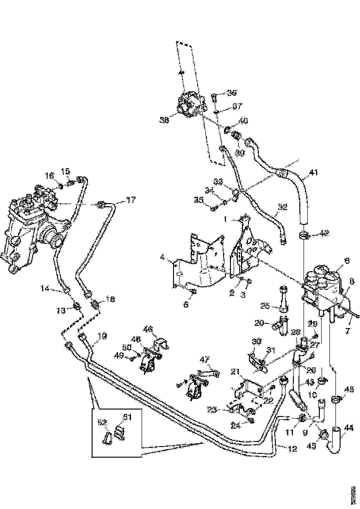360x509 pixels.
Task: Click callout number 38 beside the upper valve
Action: [x=164, y=120]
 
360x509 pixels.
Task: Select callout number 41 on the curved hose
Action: [x=314, y=173]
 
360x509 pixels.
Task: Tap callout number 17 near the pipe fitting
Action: [x=131, y=200]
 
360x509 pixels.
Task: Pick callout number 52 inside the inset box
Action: [x=101, y=422]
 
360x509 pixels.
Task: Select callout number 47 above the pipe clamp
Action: [x=205, y=359]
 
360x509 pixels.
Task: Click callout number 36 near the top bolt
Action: [x=231, y=93]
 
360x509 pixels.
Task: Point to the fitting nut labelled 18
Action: [x=96, y=305]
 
